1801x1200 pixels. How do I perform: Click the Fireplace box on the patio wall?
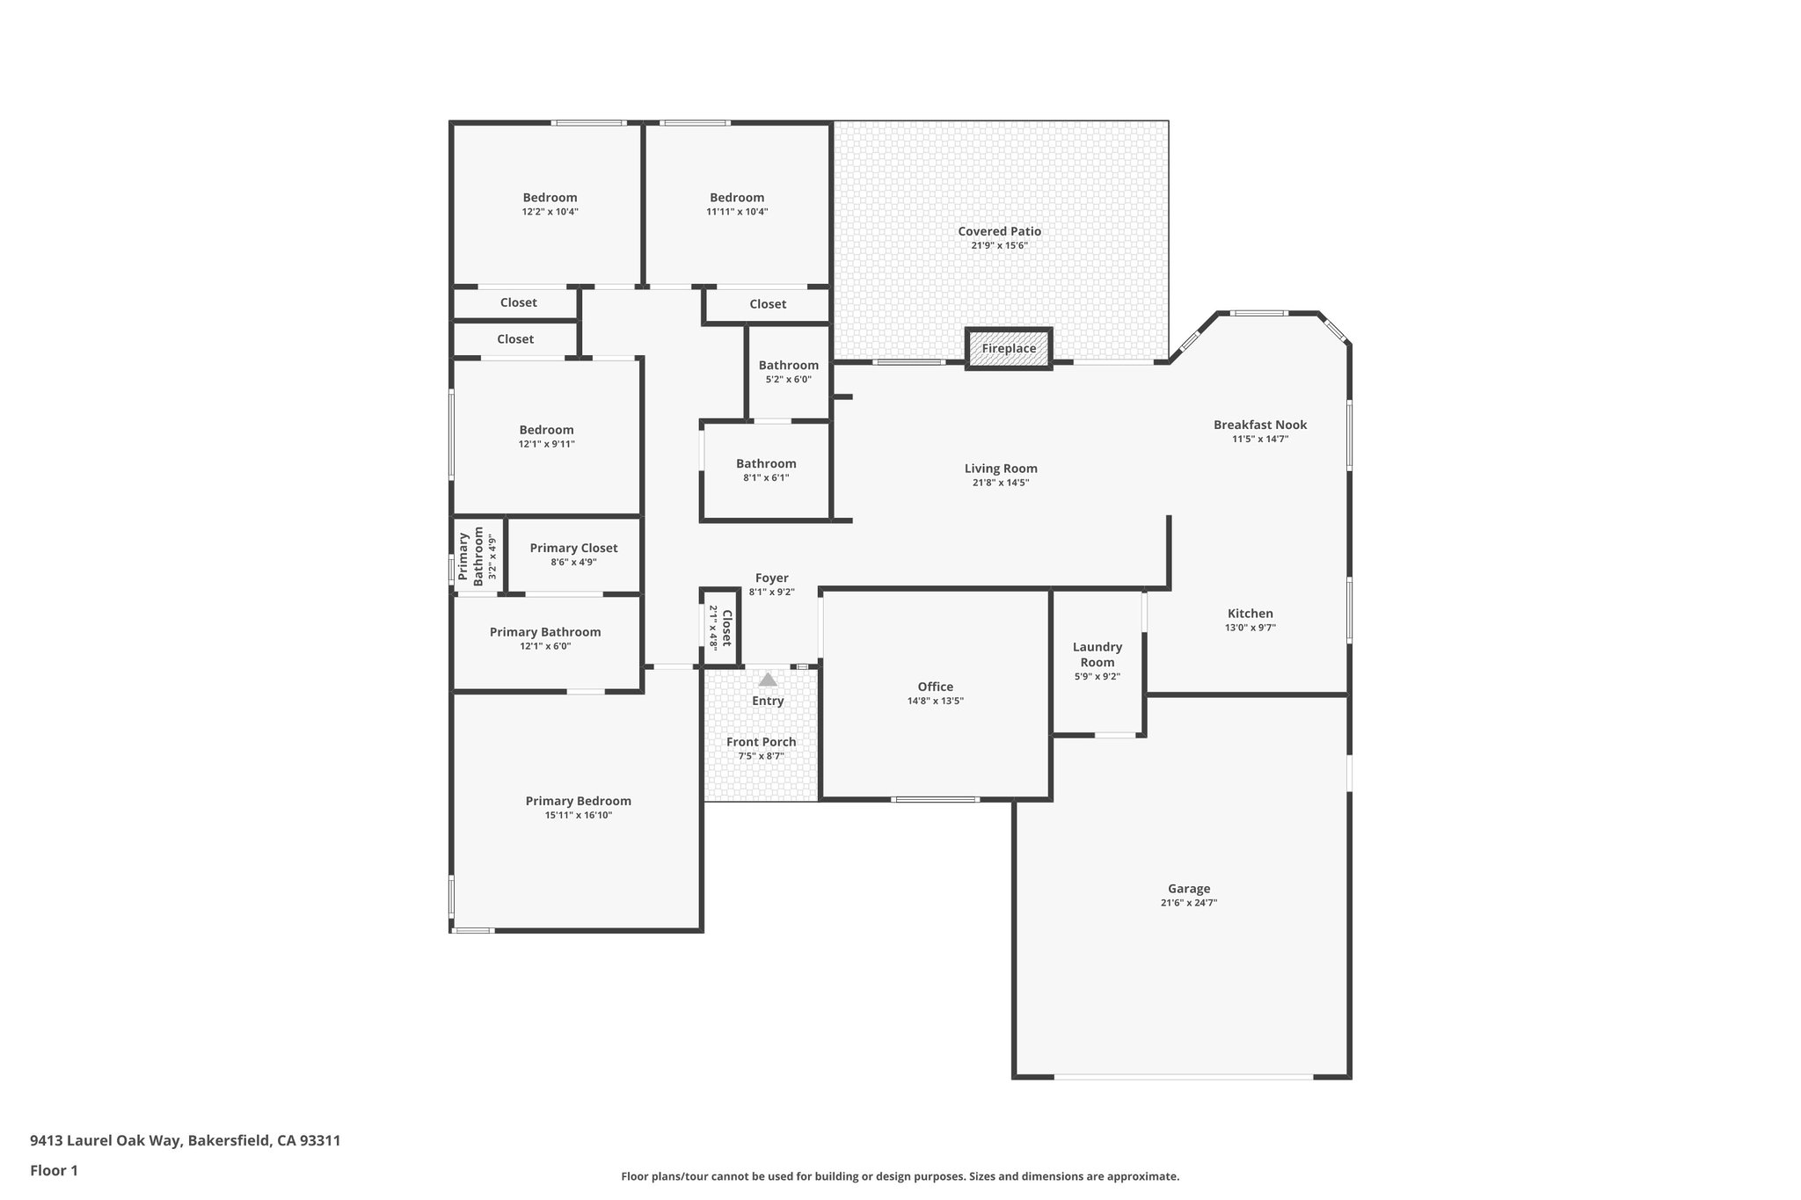pos(1009,349)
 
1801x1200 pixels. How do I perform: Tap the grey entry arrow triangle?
pos(768,680)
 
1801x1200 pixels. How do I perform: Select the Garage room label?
pos(1188,889)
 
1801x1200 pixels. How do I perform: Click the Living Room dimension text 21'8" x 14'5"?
pos(1001,483)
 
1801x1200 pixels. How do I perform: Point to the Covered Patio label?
pos(999,231)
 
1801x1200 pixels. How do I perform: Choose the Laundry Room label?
pos(1097,655)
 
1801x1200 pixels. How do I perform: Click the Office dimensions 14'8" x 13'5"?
pos(935,702)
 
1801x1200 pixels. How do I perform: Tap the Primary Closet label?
pos(573,548)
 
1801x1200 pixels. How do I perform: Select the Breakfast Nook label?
pos(1259,425)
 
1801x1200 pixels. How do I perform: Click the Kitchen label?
pos(1250,614)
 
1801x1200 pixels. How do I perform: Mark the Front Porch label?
pos(761,742)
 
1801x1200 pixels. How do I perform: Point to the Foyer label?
pos(771,578)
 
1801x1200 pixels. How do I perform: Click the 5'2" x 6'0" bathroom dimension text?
pos(788,380)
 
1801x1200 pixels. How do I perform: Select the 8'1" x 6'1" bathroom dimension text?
pos(766,478)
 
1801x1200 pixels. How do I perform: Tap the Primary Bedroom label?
pos(578,801)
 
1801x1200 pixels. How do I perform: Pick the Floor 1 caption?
pos(54,1170)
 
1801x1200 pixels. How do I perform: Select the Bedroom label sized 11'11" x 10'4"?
pos(737,198)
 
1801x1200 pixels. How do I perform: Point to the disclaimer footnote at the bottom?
pos(900,1176)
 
